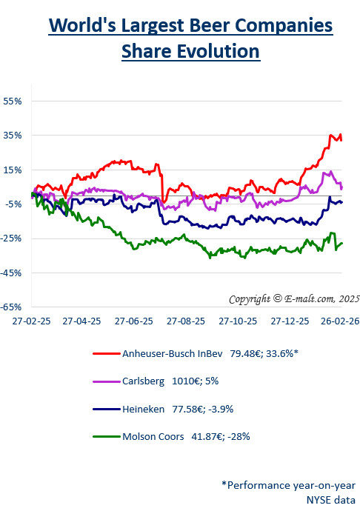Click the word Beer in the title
(212, 27)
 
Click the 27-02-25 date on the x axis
(30, 322)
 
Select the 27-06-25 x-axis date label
(133, 322)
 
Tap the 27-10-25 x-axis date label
(236, 322)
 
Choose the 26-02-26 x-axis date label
(339, 322)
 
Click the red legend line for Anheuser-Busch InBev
(109, 353)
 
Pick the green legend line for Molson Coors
(109, 436)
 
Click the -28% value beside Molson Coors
(239, 436)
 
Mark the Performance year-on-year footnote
(289, 484)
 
